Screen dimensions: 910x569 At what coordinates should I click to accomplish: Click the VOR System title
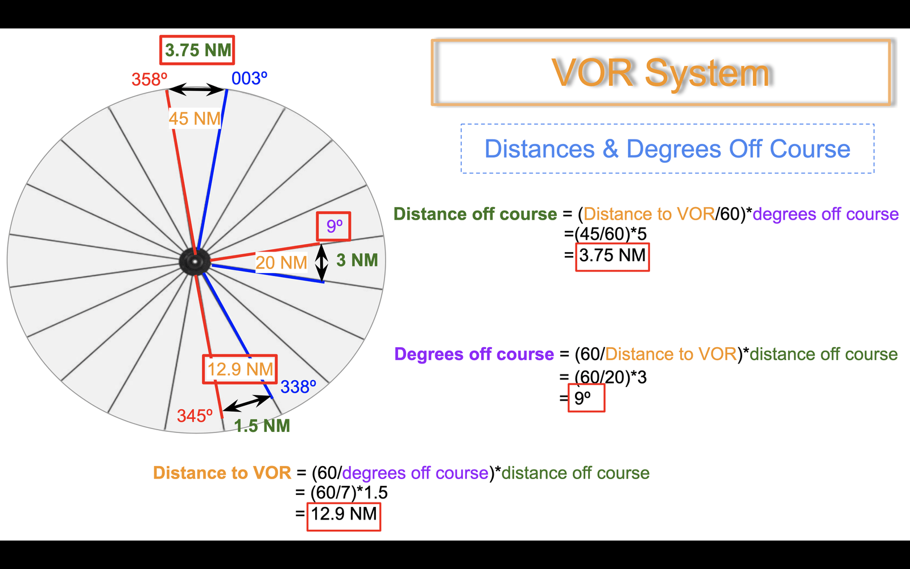point(661,73)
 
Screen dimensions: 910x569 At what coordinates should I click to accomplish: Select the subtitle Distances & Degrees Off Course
point(668,149)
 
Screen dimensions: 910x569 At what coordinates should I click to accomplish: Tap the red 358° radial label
point(149,79)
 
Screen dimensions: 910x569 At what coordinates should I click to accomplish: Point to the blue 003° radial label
point(250,78)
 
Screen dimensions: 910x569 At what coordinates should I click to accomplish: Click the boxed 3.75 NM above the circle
point(197,50)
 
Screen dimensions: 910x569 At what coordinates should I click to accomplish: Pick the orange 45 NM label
point(195,119)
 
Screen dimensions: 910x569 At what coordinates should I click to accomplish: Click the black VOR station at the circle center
point(195,261)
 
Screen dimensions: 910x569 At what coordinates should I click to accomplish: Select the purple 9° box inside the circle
point(333,226)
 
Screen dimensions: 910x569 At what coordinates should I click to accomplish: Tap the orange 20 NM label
point(281,262)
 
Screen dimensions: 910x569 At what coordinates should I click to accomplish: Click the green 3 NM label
point(357,260)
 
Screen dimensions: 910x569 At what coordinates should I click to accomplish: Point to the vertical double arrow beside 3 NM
point(322,262)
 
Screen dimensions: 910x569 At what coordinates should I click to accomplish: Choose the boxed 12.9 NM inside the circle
point(240,369)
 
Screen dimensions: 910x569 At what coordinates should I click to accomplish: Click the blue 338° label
point(298,387)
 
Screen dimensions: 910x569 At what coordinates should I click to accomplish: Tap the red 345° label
point(195,416)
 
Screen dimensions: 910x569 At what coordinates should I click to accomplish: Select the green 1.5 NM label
point(262,426)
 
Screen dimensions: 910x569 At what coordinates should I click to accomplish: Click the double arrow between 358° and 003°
point(196,89)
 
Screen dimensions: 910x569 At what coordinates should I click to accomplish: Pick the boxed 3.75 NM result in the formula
point(613,257)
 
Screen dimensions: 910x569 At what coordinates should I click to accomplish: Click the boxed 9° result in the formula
point(586,398)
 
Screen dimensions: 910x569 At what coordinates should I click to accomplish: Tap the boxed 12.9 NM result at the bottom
point(344,517)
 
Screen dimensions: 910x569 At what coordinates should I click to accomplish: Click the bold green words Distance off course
point(475,214)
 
